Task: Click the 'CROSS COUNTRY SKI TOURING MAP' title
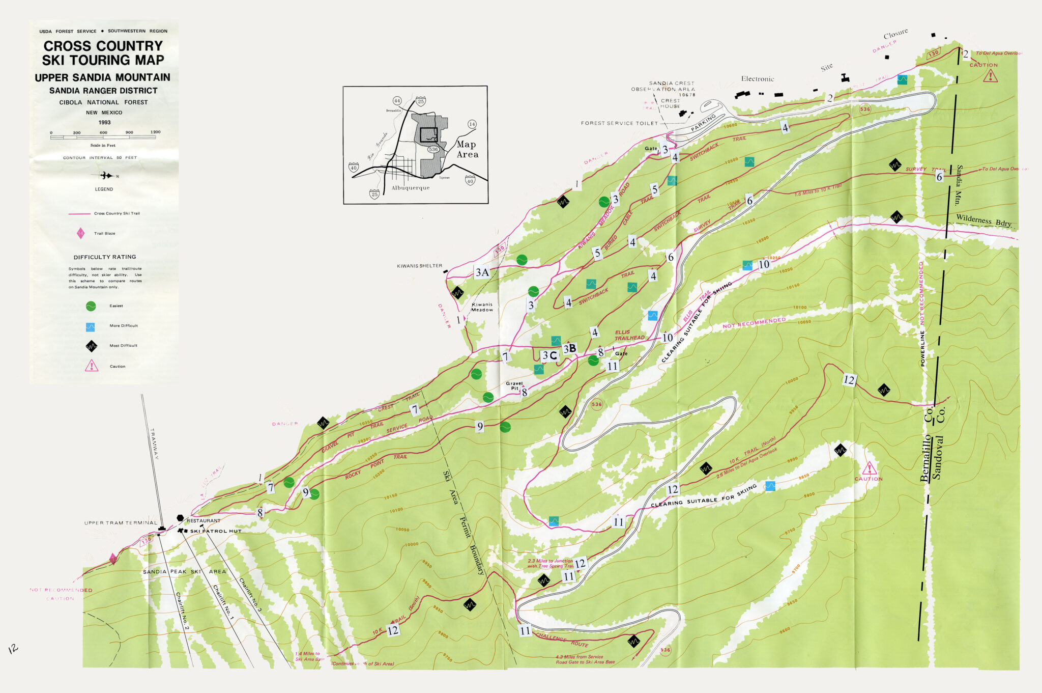pyautogui.click(x=103, y=53)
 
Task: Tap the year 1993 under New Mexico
pyautogui.click(x=104, y=122)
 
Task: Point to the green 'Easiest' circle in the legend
pyautogui.click(x=91, y=306)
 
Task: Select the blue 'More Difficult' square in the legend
pyautogui.click(x=91, y=326)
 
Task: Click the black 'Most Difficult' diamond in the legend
pyautogui.click(x=91, y=346)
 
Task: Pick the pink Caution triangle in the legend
pyautogui.click(x=92, y=366)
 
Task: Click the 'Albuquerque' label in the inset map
pyautogui.click(x=410, y=188)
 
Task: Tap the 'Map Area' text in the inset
pyautogui.click(x=467, y=149)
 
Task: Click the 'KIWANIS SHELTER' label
pyautogui.click(x=419, y=266)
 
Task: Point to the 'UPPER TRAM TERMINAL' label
pyautogui.click(x=121, y=523)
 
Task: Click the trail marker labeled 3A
pyautogui.click(x=482, y=272)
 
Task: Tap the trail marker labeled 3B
pyautogui.click(x=569, y=349)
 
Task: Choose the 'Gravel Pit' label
pyautogui.click(x=514, y=385)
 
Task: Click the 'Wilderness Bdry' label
pyautogui.click(x=983, y=220)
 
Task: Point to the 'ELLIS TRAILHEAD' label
pyautogui.click(x=629, y=335)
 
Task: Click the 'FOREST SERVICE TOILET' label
pyautogui.click(x=619, y=123)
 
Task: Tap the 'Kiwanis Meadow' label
pyautogui.click(x=482, y=307)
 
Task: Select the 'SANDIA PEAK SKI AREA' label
pyautogui.click(x=184, y=572)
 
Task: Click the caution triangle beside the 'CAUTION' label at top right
pyautogui.click(x=990, y=76)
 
